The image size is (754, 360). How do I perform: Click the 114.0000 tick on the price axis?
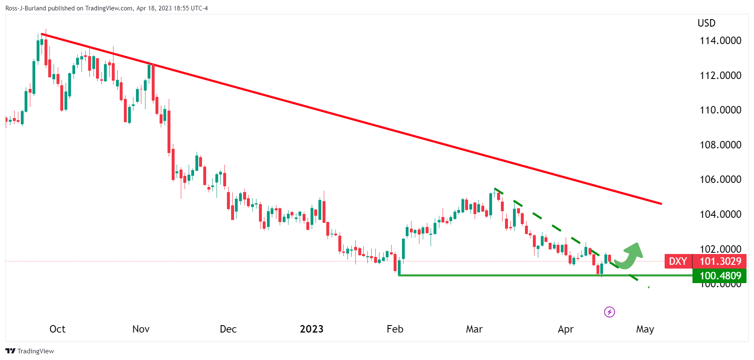[720, 41]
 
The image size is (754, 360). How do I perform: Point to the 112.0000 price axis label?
[720, 75]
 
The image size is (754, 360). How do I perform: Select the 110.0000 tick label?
[720, 110]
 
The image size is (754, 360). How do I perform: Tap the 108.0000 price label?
[720, 145]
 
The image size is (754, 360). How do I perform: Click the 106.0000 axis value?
[720, 179]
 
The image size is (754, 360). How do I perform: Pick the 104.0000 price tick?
[720, 214]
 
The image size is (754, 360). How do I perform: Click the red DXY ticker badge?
[678, 261]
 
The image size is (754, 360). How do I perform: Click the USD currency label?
[706, 23]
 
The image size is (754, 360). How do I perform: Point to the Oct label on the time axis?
[57, 329]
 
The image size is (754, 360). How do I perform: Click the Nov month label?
[141, 329]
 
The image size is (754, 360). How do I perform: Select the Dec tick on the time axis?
[228, 329]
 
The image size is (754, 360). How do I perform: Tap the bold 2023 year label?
[311, 329]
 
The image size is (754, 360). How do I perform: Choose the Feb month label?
[395, 329]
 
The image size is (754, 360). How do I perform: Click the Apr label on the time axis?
[565, 329]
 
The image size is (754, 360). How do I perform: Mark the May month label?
[645, 329]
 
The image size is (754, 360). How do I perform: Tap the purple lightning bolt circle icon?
[609, 312]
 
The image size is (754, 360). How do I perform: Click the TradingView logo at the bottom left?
[30, 351]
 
